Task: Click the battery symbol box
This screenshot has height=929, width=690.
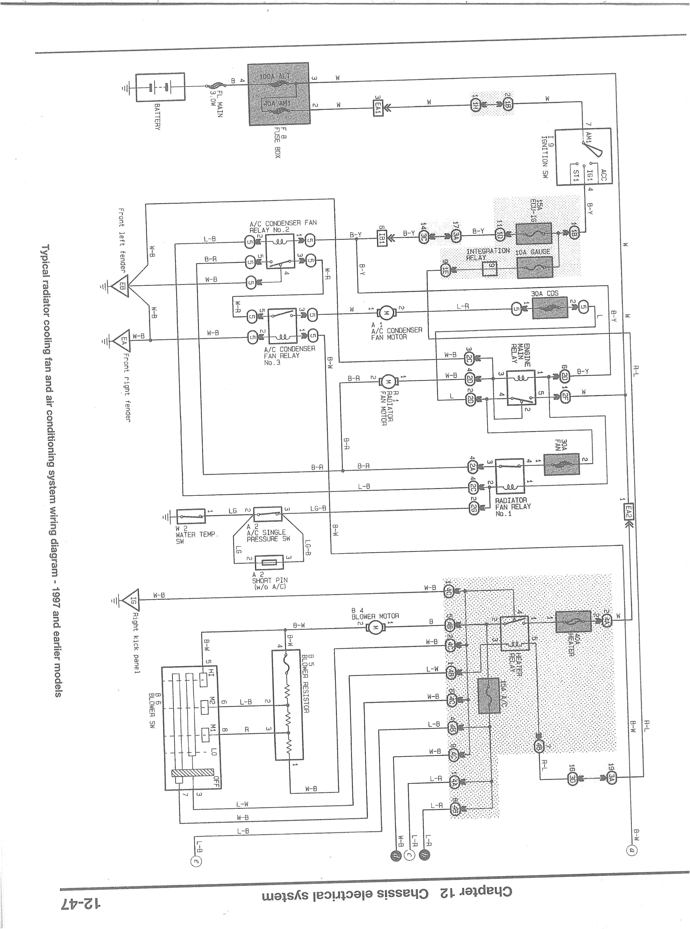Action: [160, 87]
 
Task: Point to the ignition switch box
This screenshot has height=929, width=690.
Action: [583, 157]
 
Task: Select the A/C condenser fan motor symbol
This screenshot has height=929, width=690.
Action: [386, 312]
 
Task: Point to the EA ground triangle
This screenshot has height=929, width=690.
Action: [122, 340]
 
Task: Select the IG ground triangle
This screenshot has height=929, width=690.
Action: [132, 600]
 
